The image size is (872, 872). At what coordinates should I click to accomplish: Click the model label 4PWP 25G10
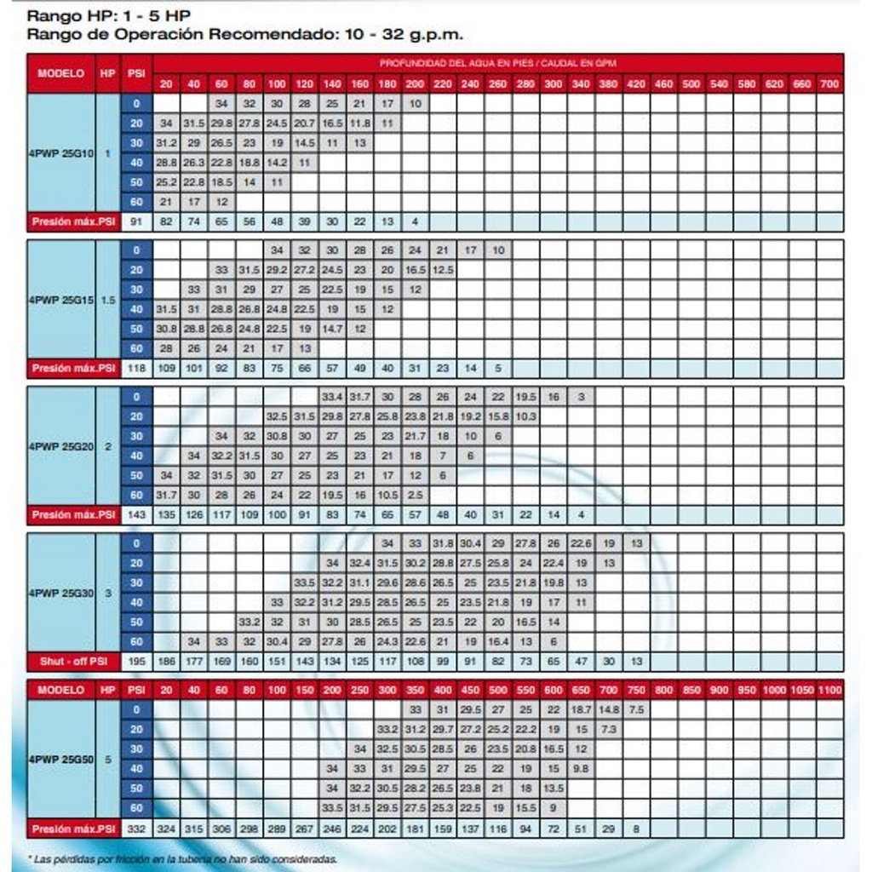click(x=60, y=154)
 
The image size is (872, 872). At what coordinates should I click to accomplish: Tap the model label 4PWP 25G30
click(x=60, y=593)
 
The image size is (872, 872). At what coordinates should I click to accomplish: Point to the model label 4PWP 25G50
click(x=60, y=758)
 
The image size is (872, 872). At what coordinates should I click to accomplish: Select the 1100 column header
click(x=829, y=690)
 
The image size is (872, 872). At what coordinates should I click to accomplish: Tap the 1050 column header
click(x=801, y=690)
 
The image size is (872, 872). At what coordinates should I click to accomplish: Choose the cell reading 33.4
click(x=332, y=397)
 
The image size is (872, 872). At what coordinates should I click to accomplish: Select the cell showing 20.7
click(x=305, y=124)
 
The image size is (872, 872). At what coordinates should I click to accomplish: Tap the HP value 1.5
click(x=107, y=300)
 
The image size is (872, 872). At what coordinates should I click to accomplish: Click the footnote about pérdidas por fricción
click(x=182, y=859)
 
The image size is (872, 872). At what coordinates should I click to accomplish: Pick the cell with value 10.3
click(x=525, y=416)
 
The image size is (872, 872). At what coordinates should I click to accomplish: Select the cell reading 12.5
click(x=442, y=270)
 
